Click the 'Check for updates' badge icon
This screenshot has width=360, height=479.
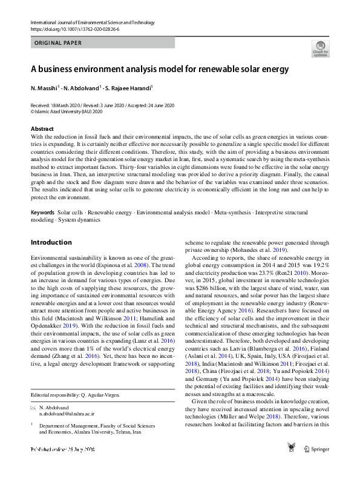click(x=320, y=48)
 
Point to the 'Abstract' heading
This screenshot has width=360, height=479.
click(x=42, y=129)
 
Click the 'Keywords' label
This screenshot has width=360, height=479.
click(x=43, y=213)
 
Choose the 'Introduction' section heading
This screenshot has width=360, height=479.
click(x=51, y=243)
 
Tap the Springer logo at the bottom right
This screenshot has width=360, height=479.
click(x=317, y=449)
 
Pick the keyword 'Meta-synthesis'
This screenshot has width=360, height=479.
click(x=234, y=213)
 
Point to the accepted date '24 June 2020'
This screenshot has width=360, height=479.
click(x=159, y=105)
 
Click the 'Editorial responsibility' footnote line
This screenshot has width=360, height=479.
click(x=75, y=394)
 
